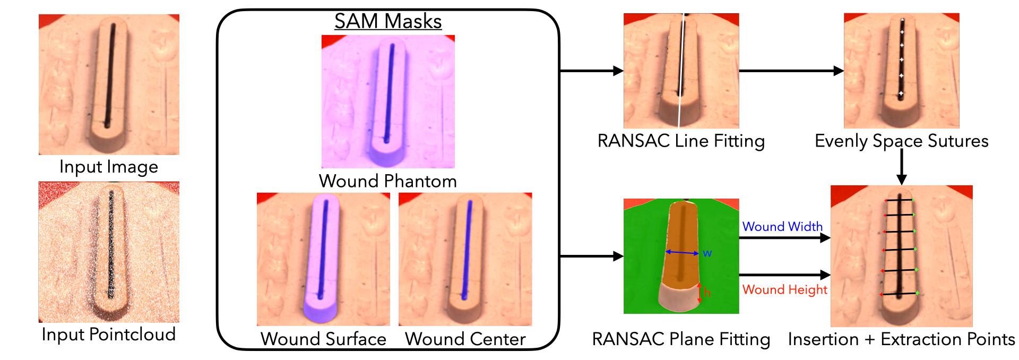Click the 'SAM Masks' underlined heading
click(388, 21)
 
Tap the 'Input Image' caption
click(109, 167)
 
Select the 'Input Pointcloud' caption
click(109, 335)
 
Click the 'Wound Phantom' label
click(388, 181)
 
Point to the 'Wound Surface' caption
click(323, 339)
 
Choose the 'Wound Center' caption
click(465, 339)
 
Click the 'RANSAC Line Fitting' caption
click(681, 141)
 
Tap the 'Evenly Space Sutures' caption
click(901, 141)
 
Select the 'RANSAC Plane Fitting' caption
click(681, 339)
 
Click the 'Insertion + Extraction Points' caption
click(901, 339)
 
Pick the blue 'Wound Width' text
click(782, 227)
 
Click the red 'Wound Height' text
click(784, 289)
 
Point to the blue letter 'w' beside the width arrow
click(707, 253)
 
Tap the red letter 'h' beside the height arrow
click(707, 293)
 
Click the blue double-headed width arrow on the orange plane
click(682, 253)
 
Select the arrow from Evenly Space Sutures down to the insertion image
click(901, 167)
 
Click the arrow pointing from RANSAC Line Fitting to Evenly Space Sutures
click(791, 71)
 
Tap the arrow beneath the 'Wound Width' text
click(784, 238)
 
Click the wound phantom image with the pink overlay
click(388, 101)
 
